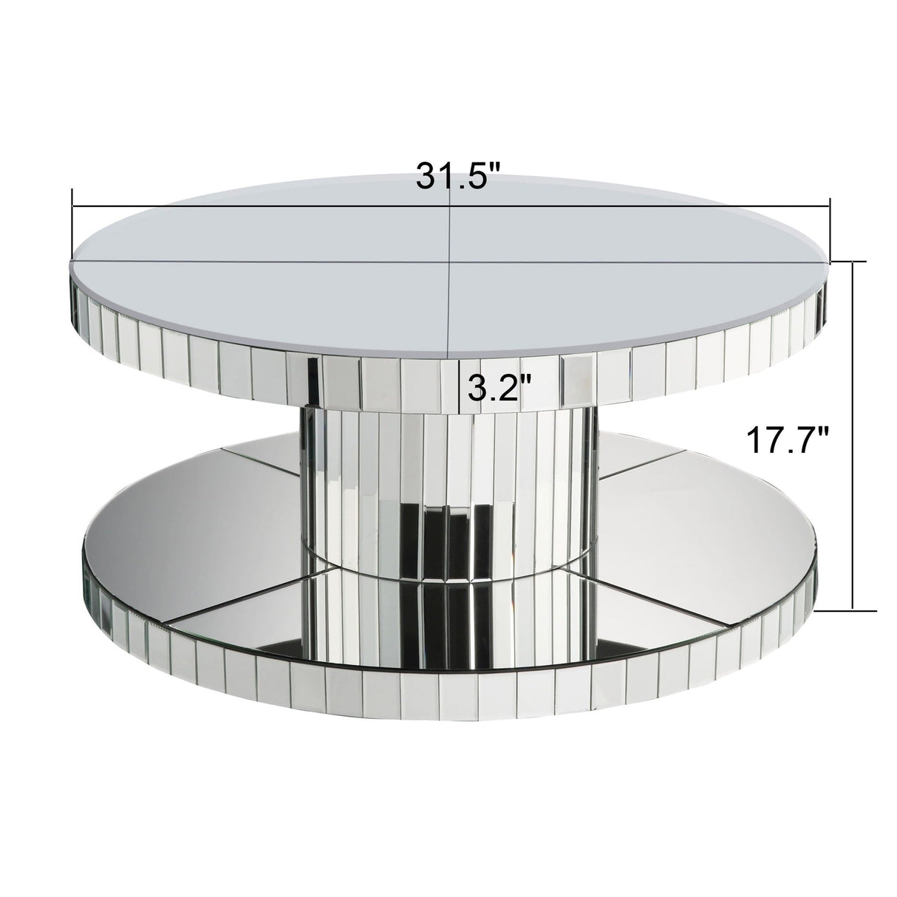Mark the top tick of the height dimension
click(855, 261)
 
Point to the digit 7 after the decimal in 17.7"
click(814, 442)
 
